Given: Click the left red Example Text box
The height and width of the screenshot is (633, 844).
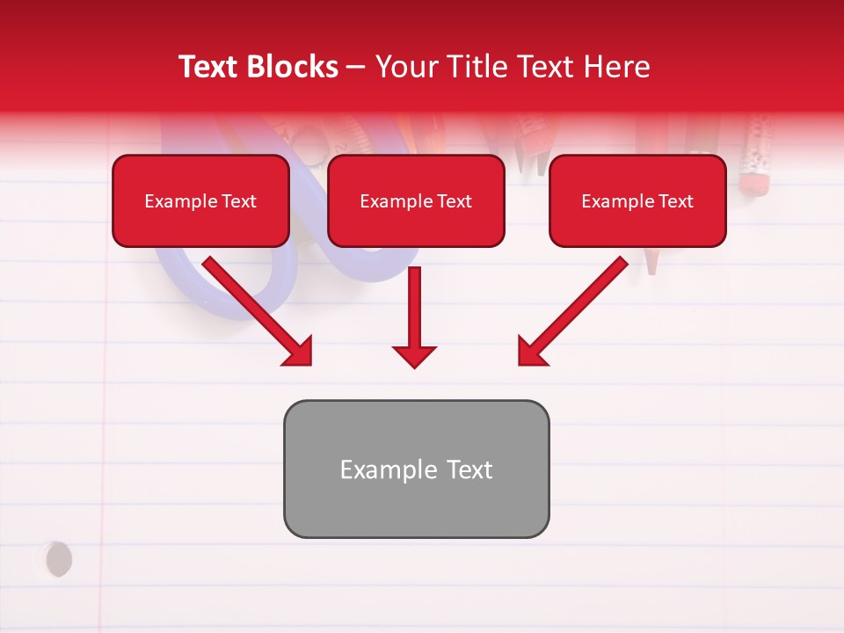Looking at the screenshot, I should point(200,201).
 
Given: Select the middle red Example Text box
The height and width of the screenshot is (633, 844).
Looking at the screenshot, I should point(416,201).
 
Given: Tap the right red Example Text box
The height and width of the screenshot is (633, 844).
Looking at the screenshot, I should point(637,201).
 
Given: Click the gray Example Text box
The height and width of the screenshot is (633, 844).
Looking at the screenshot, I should point(416,469).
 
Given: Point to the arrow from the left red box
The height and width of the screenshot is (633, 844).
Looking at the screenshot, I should point(255,309).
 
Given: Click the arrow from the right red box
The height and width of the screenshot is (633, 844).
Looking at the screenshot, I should point(575,309).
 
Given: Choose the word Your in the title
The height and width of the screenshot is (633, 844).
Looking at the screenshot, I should point(406,67).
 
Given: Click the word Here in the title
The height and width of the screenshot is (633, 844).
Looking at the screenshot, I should point(615,67).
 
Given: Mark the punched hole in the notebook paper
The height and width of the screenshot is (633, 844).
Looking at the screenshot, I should point(58,559).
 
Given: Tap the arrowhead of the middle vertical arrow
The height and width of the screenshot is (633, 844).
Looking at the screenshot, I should point(415,356).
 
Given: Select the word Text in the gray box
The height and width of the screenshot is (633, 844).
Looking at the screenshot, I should point(470,469).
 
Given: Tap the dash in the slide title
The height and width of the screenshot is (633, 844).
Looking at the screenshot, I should point(356,67).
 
